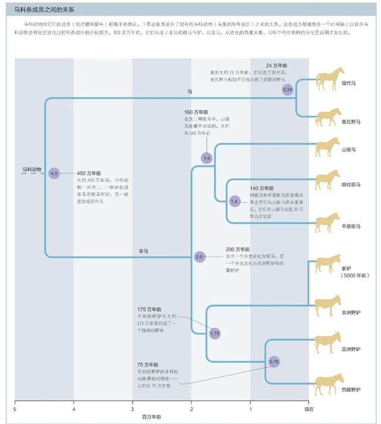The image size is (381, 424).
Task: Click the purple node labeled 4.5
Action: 55,174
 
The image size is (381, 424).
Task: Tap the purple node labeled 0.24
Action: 287,90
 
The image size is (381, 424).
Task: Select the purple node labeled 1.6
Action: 206,158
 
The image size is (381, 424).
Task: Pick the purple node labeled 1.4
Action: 234,201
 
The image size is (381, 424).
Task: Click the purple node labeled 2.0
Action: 199,257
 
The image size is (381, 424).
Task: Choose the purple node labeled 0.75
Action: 274,362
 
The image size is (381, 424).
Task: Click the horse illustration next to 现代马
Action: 329,76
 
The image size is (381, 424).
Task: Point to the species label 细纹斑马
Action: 351,185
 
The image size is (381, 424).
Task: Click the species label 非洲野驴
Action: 351,313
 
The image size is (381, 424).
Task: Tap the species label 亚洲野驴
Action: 351,350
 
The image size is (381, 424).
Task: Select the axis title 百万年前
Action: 152,417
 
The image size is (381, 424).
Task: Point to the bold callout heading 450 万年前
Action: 89,174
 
